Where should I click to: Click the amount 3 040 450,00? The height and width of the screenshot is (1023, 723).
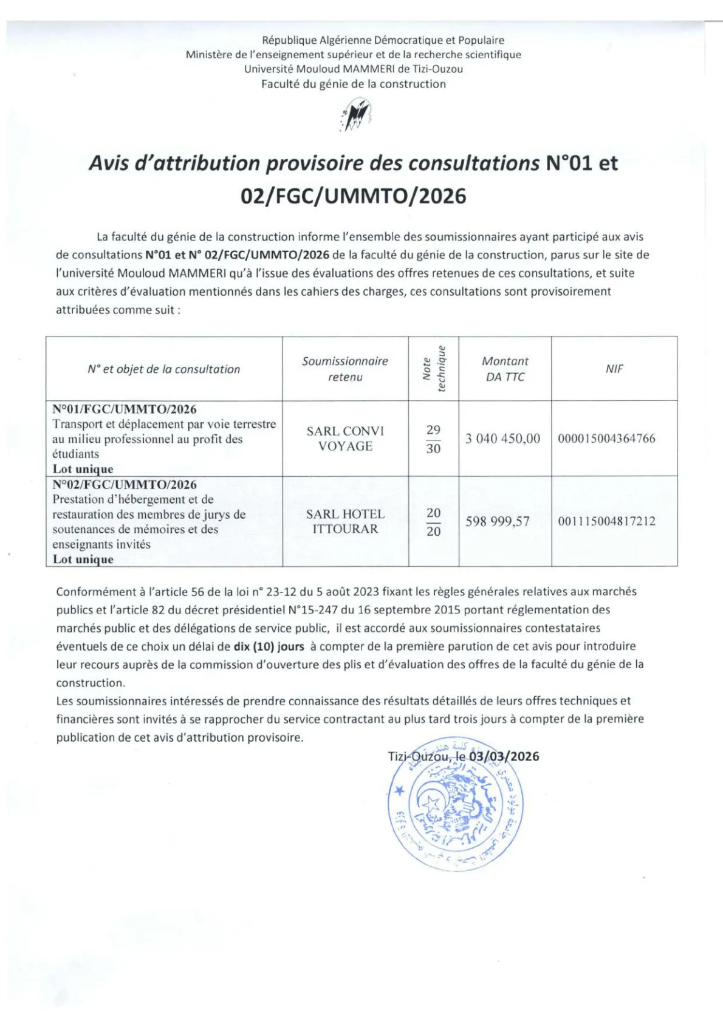[502, 439]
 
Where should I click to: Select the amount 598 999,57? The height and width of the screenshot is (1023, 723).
[498, 521]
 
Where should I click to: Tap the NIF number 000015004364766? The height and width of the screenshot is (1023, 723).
[606, 439]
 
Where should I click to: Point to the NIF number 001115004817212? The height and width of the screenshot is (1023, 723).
[606, 521]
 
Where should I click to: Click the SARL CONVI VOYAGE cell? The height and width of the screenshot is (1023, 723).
[345, 439]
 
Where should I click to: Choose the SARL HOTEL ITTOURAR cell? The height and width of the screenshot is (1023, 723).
[345, 521]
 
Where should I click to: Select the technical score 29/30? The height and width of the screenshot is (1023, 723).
[433, 439]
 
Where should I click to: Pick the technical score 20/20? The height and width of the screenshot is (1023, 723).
[433, 522]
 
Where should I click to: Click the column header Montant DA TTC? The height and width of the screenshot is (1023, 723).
[505, 369]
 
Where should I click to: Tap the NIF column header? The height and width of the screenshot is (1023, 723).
[614, 369]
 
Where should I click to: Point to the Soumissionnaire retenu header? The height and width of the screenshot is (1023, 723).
[345, 369]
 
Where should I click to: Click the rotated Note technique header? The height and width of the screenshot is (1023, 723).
[434, 369]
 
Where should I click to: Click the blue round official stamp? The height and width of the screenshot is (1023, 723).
[454, 806]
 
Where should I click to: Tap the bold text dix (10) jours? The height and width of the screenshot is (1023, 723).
[269, 646]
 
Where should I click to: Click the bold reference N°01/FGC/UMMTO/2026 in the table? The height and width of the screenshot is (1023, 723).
[125, 409]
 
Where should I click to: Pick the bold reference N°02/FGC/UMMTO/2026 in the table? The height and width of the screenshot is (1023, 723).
[125, 485]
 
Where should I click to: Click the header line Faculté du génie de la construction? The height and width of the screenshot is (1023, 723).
[354, 84]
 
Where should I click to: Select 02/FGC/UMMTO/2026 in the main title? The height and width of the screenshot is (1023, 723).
[354, 196]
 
